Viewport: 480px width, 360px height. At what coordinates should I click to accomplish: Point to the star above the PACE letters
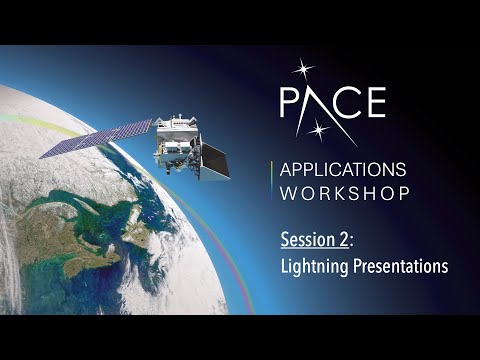click(x=302, y=71)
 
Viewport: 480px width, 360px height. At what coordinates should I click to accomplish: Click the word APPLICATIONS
click(x=345, y=168)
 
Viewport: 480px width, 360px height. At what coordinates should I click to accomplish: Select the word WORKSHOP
click(x=345, y=192)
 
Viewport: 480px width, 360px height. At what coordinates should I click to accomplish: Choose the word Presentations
click(x=396, y=267)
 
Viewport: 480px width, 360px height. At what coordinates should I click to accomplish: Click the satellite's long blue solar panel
click(x=96, y=139)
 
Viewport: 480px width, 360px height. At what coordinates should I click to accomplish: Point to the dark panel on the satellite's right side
click(x=215, y=162)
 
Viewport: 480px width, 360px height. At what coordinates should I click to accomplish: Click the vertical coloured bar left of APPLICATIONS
click(x=272, y=180)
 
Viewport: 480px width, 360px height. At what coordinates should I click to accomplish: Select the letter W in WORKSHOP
click(x=289, y=192)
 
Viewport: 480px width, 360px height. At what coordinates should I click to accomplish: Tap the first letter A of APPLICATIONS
click(x=288, y=168)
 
